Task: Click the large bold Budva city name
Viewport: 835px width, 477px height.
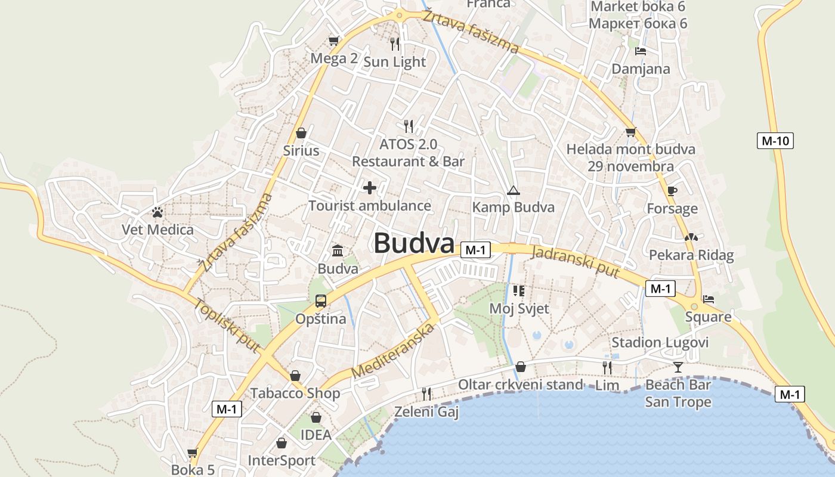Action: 414,243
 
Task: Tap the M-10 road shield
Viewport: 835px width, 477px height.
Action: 775,141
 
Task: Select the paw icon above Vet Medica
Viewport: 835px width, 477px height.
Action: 157,212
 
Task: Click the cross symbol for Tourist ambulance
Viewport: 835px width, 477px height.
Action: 370,188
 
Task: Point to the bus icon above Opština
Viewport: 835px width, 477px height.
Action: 321,301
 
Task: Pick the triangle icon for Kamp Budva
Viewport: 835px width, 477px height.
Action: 513,191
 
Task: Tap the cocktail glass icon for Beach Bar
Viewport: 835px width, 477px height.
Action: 678,367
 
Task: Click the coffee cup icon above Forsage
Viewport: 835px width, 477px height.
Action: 672,191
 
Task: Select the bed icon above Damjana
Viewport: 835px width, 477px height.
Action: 641,51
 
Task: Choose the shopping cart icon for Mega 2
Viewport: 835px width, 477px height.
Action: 334,41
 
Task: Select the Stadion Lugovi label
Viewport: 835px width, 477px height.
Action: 660,342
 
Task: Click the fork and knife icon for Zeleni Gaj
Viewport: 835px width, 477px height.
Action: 426,394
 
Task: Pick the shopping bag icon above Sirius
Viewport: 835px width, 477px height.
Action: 301,132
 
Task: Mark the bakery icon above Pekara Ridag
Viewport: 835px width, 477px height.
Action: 691,237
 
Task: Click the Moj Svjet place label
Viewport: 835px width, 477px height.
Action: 519,308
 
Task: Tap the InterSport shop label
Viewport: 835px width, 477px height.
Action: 282,460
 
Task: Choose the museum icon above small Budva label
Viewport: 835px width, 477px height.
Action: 338,250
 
